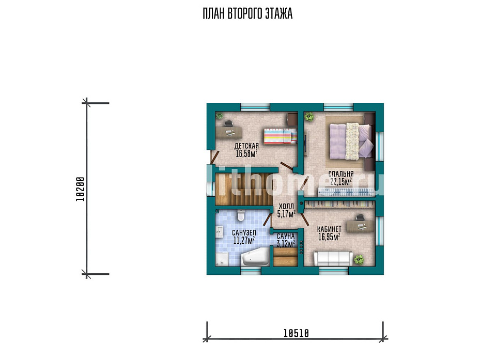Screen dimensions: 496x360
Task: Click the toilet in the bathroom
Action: (x=241, y=215)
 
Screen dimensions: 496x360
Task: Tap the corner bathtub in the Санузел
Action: (x=255, y=257)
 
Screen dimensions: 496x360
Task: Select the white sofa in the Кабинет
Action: (x=333, y=258)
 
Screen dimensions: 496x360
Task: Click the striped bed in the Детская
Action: (x=280, y=136)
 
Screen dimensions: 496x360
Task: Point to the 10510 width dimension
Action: (x=296, y=333)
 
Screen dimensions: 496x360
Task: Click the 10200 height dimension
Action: (x=81, y=189)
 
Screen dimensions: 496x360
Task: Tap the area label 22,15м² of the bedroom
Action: (x=341, y=182)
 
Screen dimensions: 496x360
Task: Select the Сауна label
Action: (x=286, y=237)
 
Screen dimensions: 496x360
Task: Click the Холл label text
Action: (x=286, y=206)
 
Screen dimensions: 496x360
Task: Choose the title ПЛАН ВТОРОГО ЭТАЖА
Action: (x=247, y=13)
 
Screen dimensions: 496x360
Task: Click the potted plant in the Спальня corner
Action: (x=309, y=117)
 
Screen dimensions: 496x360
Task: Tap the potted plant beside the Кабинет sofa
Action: (x=359, y=260)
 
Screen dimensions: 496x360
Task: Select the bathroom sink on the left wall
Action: (x=220, y=232)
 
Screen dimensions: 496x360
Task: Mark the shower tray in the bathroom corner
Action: (x=222, y=259)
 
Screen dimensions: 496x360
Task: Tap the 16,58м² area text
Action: (x=246, y=154)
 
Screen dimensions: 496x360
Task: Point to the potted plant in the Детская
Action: (x=219, y=116)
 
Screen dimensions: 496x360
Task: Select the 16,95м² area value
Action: (x=329, y=237)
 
